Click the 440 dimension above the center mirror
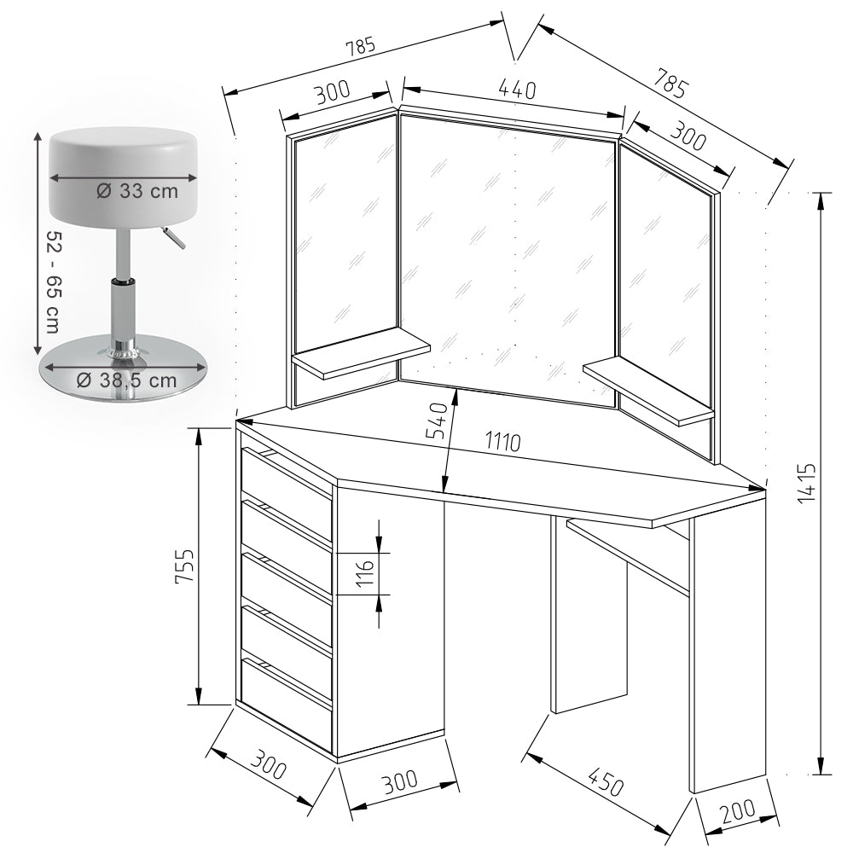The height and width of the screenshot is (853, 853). [517, 90]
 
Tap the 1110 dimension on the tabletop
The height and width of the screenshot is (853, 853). [504, 442]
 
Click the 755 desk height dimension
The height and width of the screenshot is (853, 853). [184, 566]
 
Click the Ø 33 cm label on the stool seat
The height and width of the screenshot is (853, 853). [137, 191]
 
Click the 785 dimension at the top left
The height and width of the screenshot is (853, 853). [361, 47]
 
